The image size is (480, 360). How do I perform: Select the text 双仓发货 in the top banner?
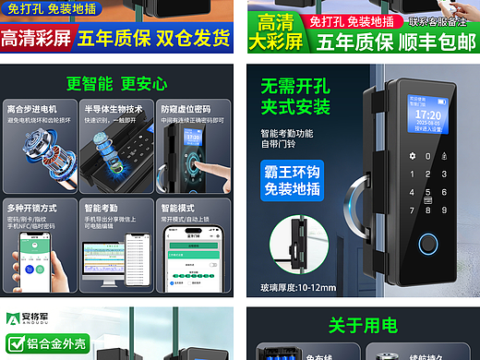click(198, 39)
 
